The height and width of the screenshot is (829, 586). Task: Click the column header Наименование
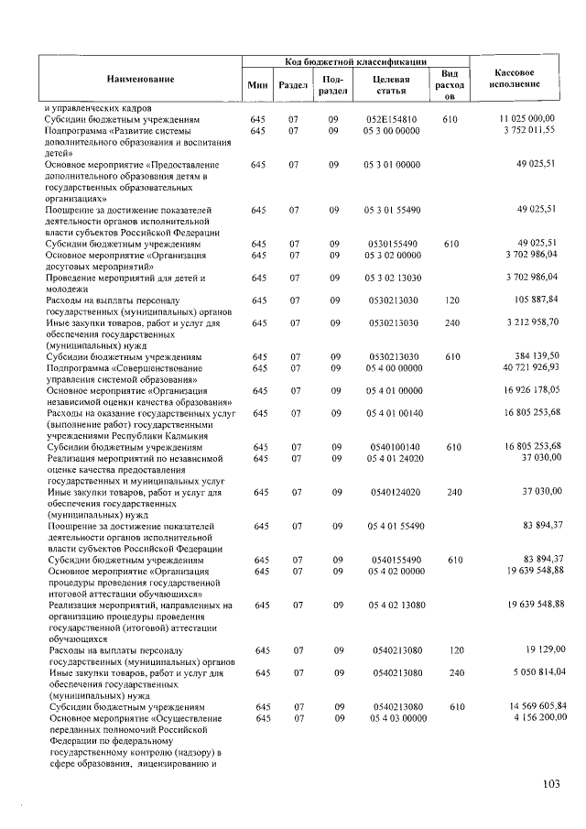coord(140,80)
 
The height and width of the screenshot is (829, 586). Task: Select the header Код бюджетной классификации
coord(356,60)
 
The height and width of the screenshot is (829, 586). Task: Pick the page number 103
coord(550,783)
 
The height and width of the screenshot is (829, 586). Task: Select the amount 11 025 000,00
coord(527,119)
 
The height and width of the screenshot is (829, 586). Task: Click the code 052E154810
coord(392,119)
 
